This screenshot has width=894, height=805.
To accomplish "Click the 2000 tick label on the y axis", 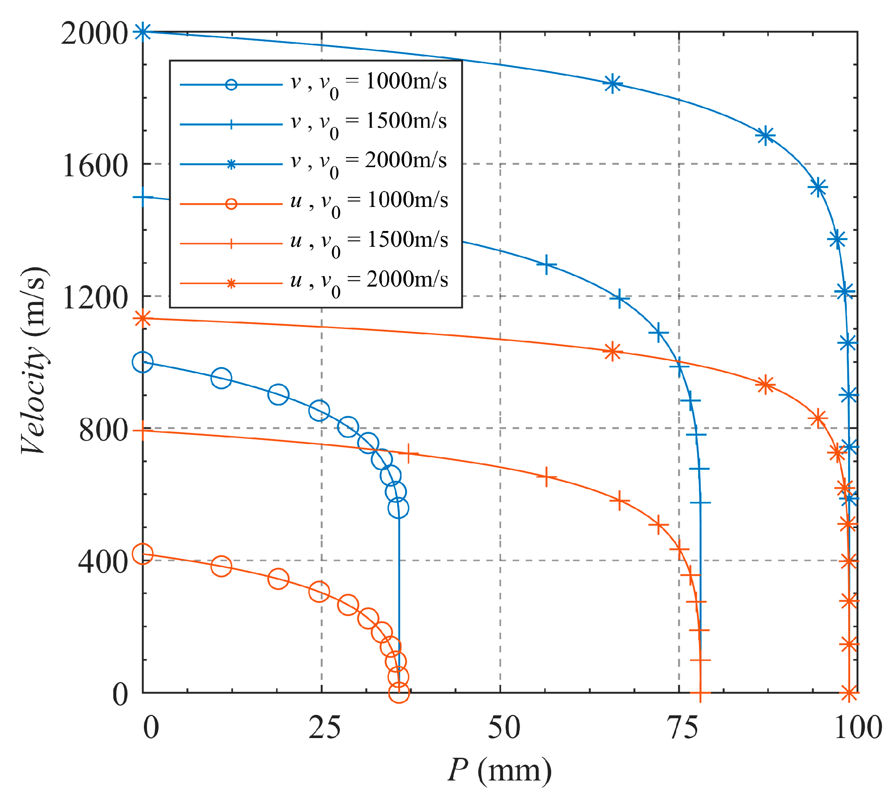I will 94,34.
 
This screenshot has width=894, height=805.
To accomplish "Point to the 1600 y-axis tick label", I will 95,166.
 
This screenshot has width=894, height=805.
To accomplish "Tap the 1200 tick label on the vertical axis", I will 95,298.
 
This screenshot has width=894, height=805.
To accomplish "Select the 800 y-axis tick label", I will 103,430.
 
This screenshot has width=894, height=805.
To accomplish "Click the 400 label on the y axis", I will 103,562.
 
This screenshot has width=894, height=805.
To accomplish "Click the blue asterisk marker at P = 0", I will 143,31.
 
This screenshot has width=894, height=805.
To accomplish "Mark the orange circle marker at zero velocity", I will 398,693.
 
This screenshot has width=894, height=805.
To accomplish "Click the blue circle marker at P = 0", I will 143,362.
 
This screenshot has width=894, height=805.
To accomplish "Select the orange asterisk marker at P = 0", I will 143,318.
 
